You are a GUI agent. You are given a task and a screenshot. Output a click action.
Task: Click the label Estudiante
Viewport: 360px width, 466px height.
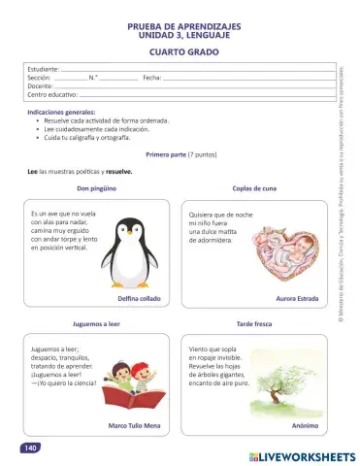[43, 70]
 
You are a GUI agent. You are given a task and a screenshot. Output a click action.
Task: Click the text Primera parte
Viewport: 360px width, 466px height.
[165, 154]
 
